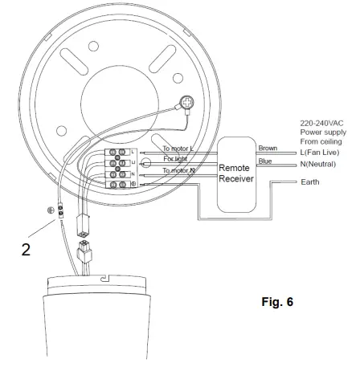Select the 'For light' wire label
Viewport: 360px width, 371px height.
click(177, 159)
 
